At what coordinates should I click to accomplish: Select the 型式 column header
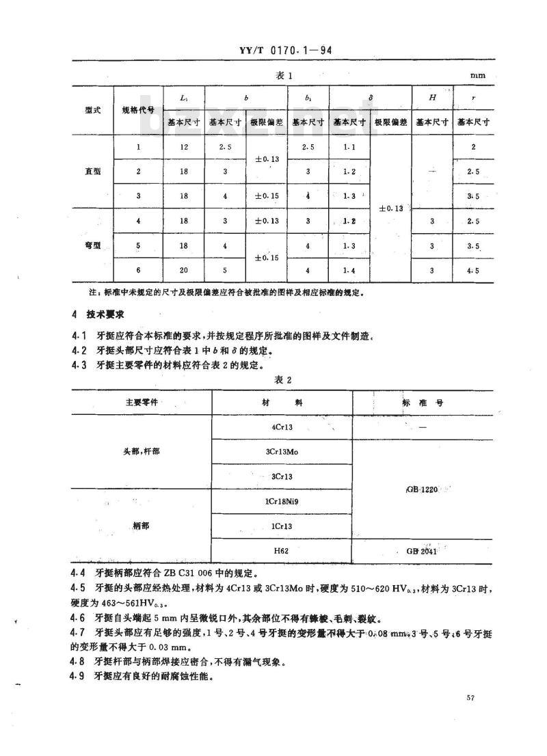pos(93,109)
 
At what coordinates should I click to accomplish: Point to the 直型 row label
pos(93,172)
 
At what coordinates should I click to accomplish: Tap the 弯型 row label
pos(93,245)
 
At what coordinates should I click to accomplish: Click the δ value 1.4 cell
pos(349,270)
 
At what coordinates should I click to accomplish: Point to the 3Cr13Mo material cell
pos(282,452)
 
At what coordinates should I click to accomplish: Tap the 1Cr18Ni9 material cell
pos(282,502)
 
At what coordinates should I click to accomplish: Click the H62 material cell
pos(282,550)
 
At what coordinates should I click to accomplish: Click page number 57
pos(470,698)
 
